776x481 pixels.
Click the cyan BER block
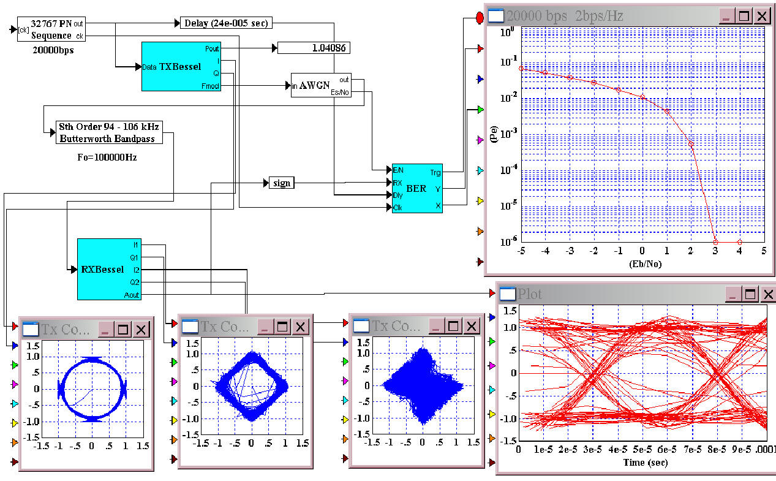(x=416, y=188)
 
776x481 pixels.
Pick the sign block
(x=282, y=183)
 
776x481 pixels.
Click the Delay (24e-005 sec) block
(x=225, y=23)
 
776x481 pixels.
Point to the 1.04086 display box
(x=314, y=48)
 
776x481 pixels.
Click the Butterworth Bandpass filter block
(x=110, y=132)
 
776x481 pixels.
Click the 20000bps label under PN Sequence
(x=53, y=50)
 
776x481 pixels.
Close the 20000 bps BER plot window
(x=761, y=16)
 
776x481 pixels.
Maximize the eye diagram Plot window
(x=750, y=294)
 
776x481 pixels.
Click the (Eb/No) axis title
(x=642, y=264)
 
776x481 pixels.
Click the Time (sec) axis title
(x=645, y=463)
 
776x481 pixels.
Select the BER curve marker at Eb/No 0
(x=642, y=97)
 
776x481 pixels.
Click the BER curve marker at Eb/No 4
(x=740, y=242)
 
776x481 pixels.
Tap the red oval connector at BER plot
(x=480, y=17)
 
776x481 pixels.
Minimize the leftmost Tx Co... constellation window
(x=105, y=330)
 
